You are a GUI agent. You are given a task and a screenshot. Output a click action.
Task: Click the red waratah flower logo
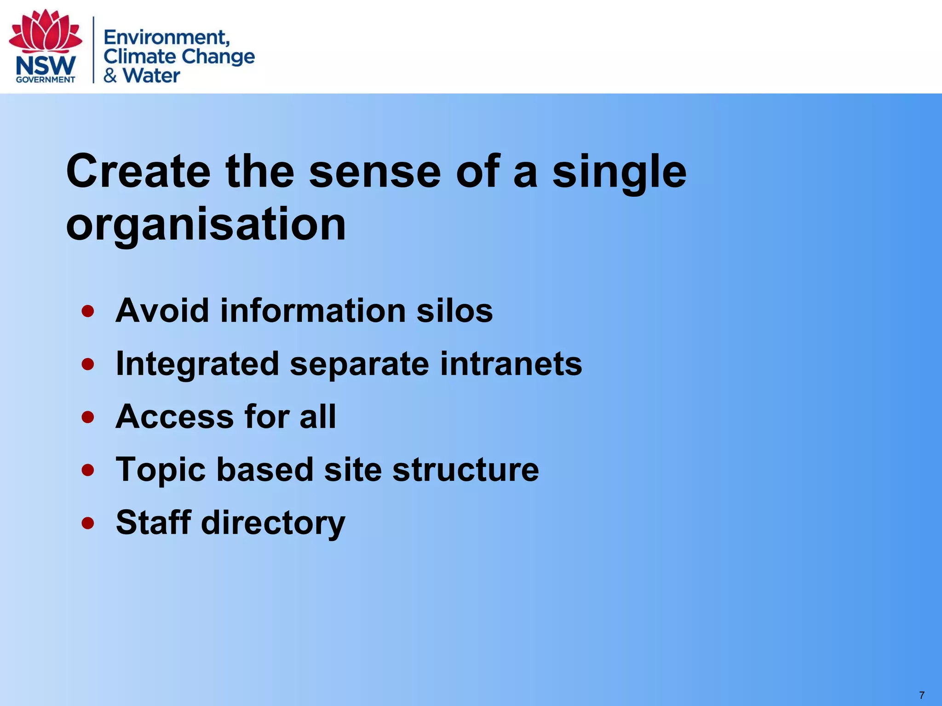point(45,31)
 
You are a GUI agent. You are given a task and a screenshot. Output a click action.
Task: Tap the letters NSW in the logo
point(46,66)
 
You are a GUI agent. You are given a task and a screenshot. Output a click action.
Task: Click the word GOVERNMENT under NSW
point(46,80)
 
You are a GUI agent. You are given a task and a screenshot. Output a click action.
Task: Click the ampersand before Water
point(110,75)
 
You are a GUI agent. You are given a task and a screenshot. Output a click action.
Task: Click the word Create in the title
point(138,171)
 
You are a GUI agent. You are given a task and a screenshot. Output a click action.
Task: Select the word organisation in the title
point(206,224)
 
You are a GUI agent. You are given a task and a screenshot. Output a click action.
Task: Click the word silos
point(454,311)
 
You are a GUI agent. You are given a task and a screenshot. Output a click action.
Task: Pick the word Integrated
point(197,364)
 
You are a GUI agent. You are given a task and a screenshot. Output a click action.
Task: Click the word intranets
point(511,364)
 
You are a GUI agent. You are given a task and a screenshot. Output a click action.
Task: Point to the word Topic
point(161,470)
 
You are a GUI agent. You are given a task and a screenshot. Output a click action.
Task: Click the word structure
point(465,470)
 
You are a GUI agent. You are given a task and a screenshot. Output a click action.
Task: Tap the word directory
point(273,523)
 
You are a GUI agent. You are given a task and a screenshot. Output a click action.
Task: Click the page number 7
point(921,695)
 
